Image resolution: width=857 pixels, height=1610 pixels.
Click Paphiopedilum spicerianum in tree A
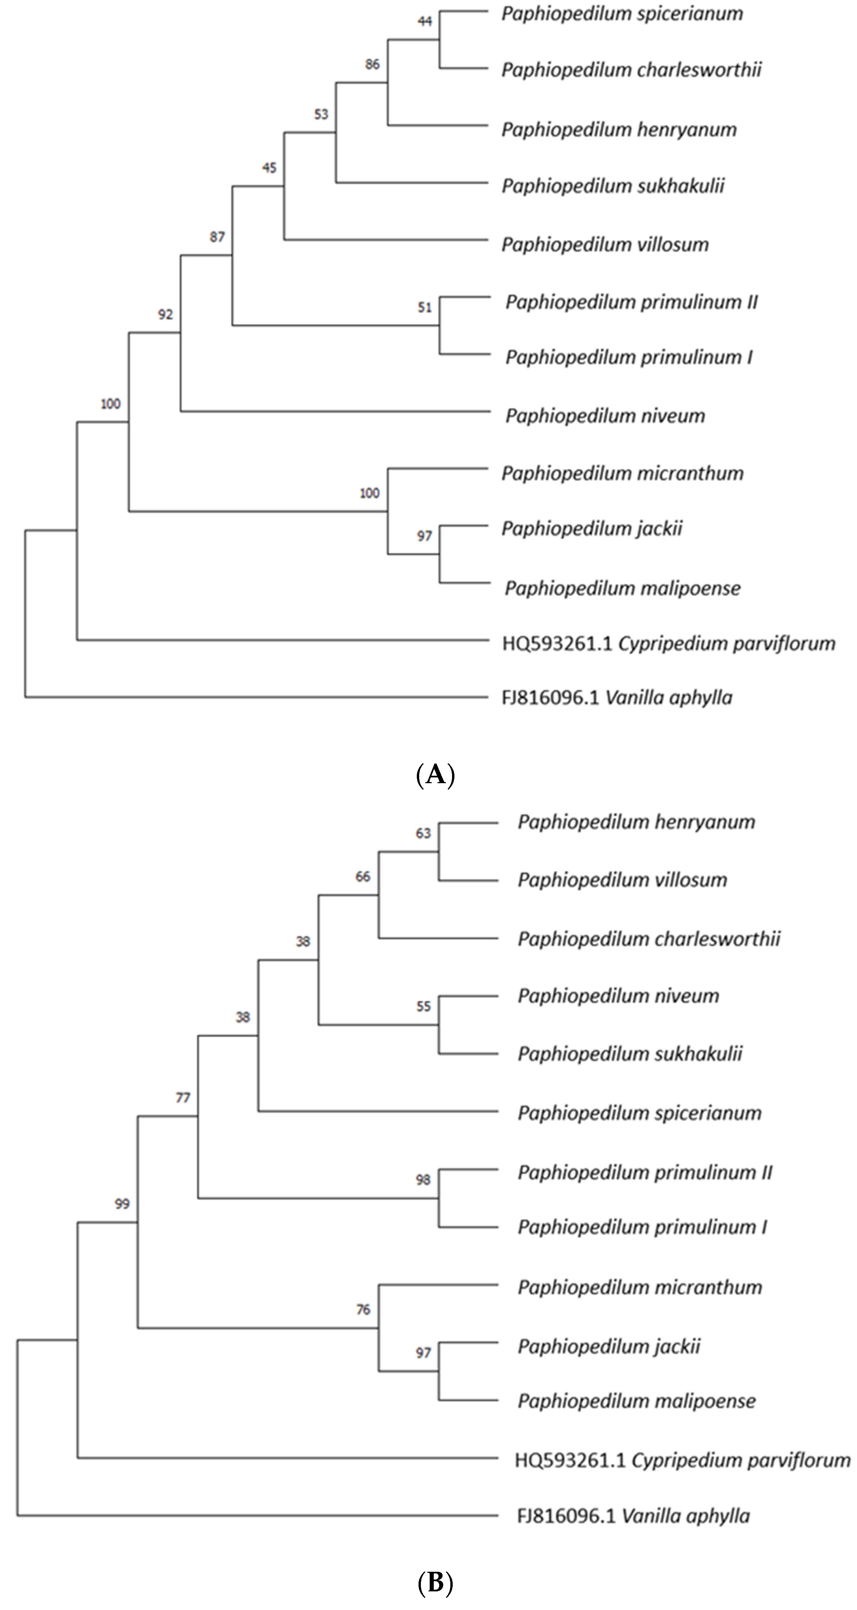point(622,14)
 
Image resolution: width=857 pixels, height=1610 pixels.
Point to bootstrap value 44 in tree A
point(425,22)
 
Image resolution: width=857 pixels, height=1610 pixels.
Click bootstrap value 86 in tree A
point(372,64)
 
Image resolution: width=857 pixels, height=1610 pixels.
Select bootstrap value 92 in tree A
point(165,314)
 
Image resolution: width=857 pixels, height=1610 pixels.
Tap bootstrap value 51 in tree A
point(425,308)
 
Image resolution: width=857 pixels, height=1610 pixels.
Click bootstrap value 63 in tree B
point(423,833)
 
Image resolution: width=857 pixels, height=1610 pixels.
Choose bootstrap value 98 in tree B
point(423,1179)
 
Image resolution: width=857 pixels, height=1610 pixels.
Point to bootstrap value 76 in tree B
point(363,1309)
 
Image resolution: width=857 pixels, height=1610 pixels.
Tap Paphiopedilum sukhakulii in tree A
point(613,186)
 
